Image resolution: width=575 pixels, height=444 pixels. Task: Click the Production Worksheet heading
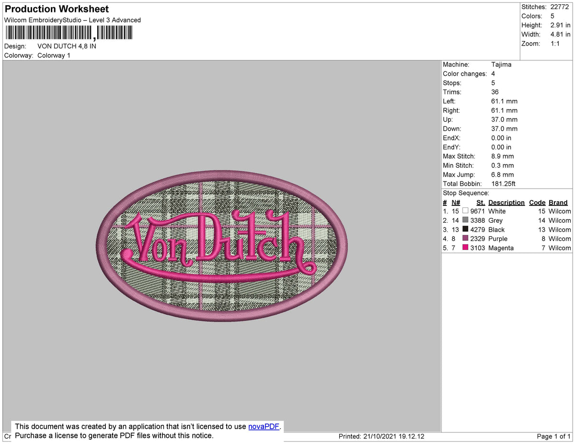coord(57,9)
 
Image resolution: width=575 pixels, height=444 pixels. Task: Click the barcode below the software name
coord(69,33)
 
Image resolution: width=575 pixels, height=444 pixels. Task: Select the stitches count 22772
coord(560,7)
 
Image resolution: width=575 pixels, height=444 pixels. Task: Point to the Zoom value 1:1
coord(555,44)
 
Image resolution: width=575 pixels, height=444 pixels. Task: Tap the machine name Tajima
coord(501,65)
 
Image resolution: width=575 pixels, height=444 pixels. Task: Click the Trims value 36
coord(495,92)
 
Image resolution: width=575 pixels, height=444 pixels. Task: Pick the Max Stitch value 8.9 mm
coord(502,156)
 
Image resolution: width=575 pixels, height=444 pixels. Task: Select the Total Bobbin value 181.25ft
coord(503,184)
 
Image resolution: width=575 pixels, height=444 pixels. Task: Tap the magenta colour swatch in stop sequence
coord(465,248)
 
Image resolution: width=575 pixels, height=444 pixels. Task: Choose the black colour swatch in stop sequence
coord(465,229)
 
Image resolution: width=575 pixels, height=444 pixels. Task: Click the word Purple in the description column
coord(498,239)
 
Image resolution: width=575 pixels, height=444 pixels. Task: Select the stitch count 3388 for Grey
coord(478,220)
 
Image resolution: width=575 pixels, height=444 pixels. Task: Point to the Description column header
coord(506,203)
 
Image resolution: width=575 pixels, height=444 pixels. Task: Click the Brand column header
coord(558,203)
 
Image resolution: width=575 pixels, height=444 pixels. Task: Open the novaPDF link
coord(264,426)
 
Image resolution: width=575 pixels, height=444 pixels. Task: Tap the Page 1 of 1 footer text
coord(553,436)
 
